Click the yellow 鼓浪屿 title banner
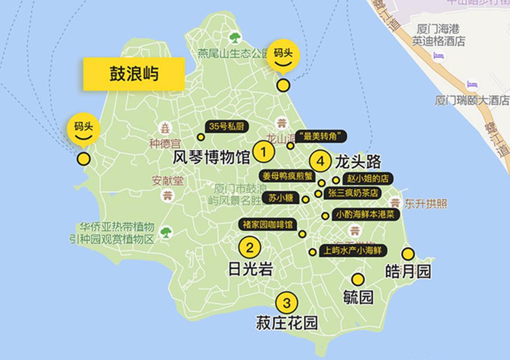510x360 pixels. point(134,74)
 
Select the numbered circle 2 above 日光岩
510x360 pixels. point(250,247)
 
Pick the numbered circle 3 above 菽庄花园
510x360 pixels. point(287,302)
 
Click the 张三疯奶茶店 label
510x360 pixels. point(353,193)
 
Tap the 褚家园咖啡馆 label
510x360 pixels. point(268,224)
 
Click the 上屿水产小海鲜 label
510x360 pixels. point(353,250)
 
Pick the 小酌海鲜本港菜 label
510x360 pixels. point(366,215)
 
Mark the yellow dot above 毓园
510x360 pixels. point(358,280)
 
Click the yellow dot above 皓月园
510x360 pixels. point(408,254)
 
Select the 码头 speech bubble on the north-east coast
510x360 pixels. point(283,56)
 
